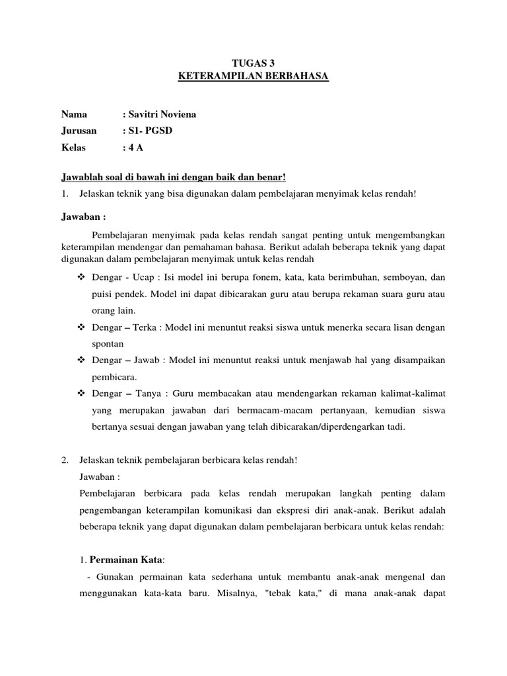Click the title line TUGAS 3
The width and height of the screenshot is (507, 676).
point(253,63)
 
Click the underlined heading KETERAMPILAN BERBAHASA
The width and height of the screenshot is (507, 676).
point(253,77)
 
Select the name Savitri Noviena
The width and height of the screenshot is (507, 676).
point(159,114)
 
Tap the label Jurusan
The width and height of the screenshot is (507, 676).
point(79,131)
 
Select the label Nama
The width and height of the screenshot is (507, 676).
point(74,114)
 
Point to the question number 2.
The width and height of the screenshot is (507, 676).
point(65,459)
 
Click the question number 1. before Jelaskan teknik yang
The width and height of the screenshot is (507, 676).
point(65,193)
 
